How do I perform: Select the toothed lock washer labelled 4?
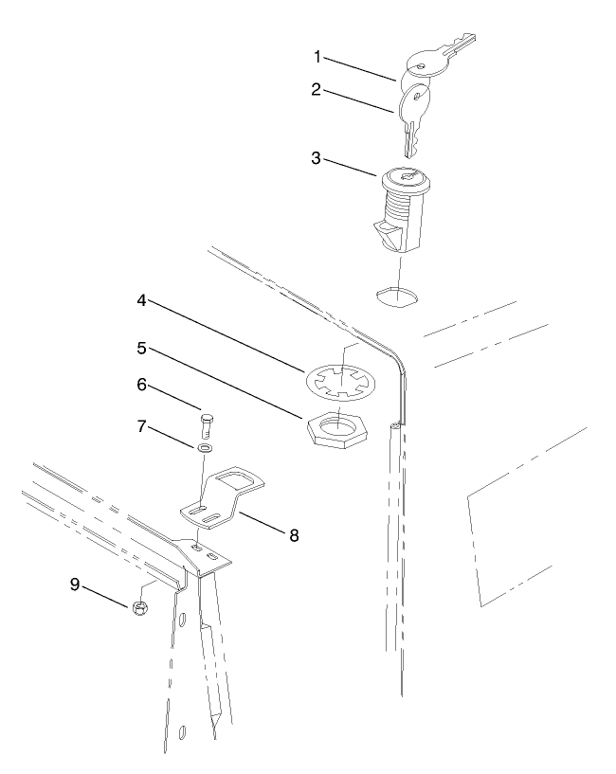click(341, 380)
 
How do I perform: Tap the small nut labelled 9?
click(139, 607)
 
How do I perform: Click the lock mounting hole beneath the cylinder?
click(395, 294)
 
